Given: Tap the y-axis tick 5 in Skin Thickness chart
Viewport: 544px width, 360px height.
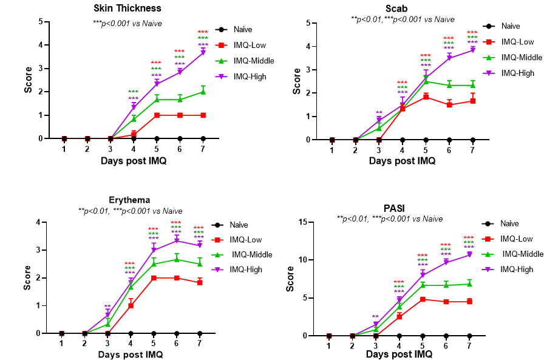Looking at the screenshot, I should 41,22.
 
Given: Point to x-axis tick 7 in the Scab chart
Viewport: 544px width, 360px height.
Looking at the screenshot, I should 472,149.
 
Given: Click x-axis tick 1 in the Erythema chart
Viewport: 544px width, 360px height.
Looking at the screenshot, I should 61,344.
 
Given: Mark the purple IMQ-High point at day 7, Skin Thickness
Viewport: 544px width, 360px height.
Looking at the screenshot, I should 203,52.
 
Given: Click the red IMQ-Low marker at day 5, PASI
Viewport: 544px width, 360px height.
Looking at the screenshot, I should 422,299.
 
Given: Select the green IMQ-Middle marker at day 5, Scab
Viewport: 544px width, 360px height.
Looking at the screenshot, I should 426,81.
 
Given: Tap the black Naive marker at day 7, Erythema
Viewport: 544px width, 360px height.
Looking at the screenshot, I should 200,333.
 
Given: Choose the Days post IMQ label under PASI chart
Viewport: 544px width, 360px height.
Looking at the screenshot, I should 399,354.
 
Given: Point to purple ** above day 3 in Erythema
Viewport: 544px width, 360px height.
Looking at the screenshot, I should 107,307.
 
